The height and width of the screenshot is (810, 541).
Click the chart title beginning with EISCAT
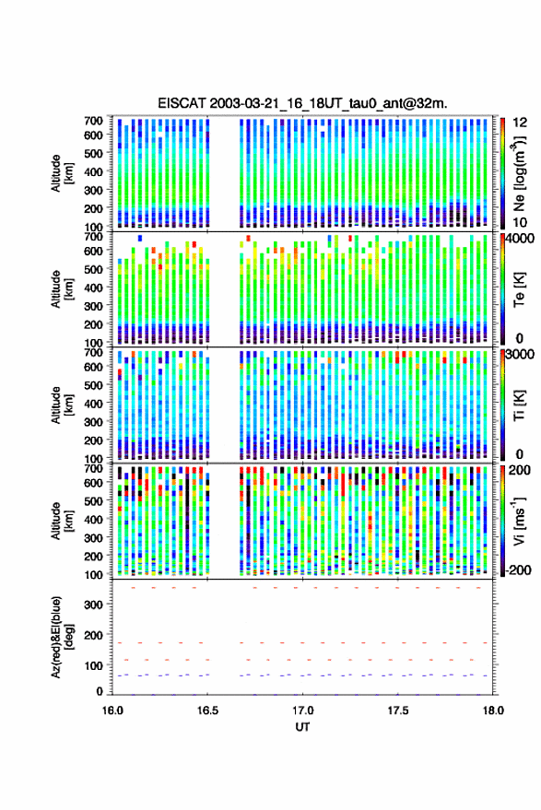tap(303, 103)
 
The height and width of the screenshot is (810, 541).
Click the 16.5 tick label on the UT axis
tap(207, 710)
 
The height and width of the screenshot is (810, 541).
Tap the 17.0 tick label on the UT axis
tap(302, 710)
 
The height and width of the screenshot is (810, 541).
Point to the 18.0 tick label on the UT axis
tap(493, 710)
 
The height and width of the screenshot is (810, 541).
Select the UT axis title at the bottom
tap(302, 727)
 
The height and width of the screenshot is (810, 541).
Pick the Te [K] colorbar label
tap(519, 290)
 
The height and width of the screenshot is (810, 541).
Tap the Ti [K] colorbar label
tap(519, 405)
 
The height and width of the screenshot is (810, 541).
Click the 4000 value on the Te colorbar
tap(521, 240)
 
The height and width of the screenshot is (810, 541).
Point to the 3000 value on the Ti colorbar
tap(521, 355)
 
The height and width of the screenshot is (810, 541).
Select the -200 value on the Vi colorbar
tap(517, 569)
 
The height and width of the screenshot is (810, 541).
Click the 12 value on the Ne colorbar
tap(521, 123)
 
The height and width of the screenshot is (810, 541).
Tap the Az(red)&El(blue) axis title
tap(62, 637)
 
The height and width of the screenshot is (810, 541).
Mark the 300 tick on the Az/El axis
tap(93, 605)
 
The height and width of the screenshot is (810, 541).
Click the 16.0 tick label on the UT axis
tap(112, 710)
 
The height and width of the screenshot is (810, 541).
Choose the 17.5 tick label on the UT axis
tap(397, 710)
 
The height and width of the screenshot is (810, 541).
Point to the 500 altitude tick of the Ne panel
tap(93, 153)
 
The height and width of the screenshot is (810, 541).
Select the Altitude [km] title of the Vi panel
tap(62, 521)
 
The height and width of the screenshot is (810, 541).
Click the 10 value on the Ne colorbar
tap(521, 222)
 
